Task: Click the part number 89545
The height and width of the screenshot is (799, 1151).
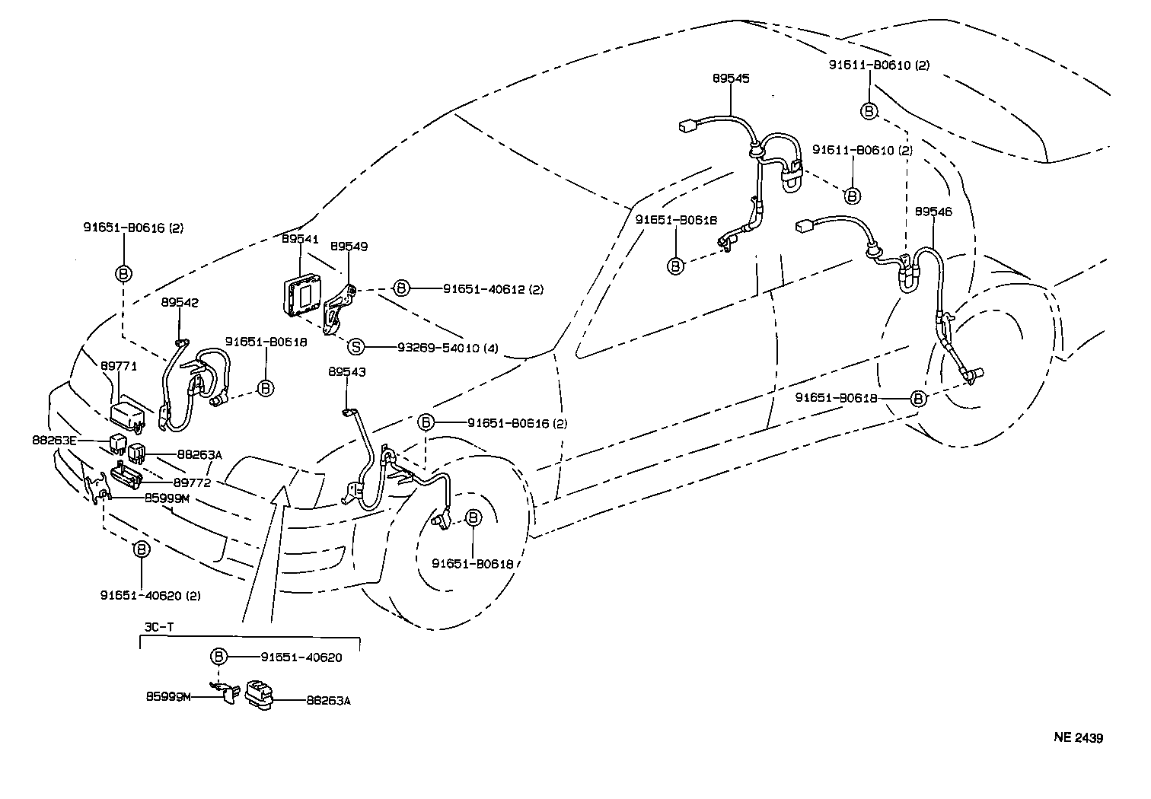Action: tap(731, 78)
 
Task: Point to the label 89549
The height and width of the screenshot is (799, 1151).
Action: tap(349, 247)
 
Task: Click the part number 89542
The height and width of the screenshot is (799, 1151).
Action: tap(180, 302)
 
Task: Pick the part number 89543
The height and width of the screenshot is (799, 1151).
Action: tap(347, 372)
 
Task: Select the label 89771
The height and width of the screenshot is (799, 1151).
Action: tap(119, 366)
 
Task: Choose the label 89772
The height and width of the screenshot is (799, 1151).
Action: tap(192, 482)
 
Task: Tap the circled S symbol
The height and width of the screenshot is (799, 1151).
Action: tap(356, 348)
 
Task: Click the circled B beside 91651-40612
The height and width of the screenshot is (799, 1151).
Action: tap(401, 288)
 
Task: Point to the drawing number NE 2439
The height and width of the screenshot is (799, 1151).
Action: tap(1078, 737)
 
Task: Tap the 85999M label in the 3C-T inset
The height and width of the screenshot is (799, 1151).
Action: tap(168, 696)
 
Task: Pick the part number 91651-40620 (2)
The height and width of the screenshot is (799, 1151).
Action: tap(150, 595)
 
